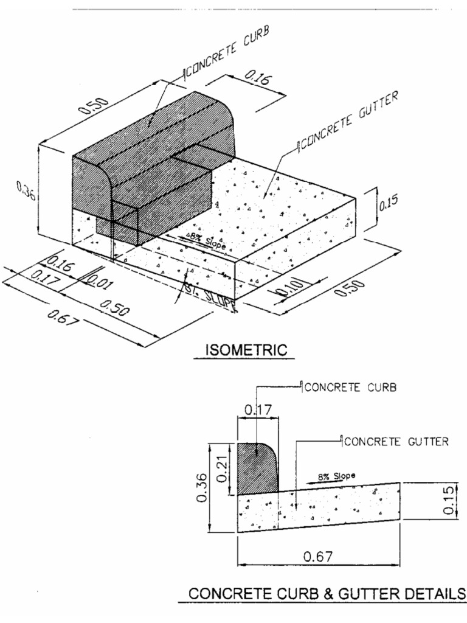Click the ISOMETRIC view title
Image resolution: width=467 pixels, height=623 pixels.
point(246,350)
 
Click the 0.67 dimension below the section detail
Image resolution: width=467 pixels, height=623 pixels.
point(319,555)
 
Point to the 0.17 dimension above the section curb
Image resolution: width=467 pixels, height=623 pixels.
point(257,411)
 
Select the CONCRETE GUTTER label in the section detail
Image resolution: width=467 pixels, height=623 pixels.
point(396,442)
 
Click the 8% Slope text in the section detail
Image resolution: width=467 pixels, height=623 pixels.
point(337,476)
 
